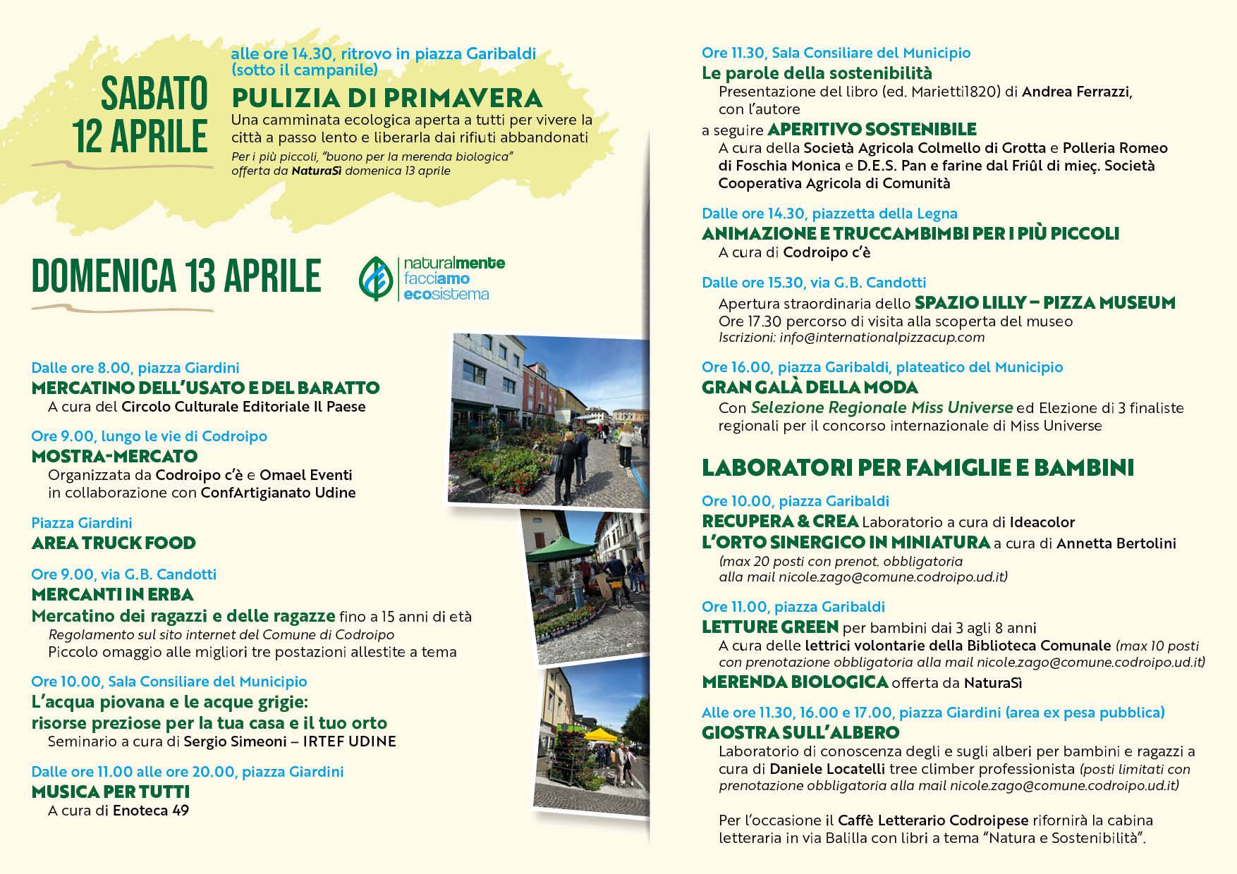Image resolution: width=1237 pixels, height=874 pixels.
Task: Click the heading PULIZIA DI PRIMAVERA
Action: coord(387,97)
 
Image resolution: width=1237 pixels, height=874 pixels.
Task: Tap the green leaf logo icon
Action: coord(377,278)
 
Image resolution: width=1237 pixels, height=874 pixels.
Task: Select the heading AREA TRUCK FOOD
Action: coord(114,543)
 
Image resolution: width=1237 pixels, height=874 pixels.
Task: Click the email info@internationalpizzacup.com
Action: coord(882,338)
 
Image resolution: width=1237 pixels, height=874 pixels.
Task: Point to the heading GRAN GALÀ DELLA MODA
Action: coord(810,388)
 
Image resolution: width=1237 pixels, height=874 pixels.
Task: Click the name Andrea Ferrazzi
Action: coord(1076,92)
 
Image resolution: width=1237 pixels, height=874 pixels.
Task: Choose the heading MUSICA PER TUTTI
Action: coord(111,792)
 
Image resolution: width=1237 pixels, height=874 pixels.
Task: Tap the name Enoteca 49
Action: coord(151,811)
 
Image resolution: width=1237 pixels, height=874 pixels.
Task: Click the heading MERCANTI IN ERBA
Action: coord(113,594)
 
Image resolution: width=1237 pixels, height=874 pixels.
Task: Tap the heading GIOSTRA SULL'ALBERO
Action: coord(800,732)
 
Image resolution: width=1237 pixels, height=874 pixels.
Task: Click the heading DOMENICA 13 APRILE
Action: coord(176,276)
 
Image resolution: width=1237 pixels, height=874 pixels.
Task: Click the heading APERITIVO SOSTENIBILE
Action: coord(872,130)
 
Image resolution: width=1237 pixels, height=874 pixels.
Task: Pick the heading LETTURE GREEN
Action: coord(769,627)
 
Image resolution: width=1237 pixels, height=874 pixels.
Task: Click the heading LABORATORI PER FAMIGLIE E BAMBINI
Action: coord(918,468)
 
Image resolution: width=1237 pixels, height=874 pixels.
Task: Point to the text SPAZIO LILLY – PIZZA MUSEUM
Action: coord(1044,303)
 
